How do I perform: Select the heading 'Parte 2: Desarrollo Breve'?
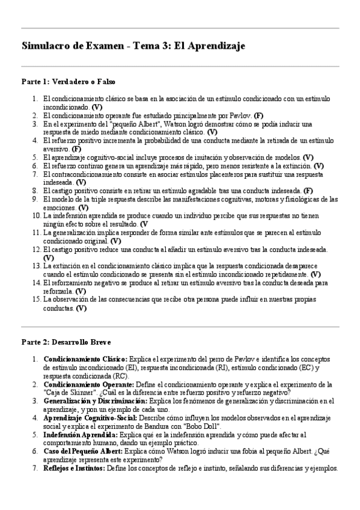tap(67, 342)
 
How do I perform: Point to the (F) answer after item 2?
tap(258, 115)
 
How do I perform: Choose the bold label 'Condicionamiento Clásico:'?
tap(85, 359)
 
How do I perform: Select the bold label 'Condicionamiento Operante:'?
tap(87, 384)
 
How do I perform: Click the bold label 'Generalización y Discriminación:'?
tap(95, 401)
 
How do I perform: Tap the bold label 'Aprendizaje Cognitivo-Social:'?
tap(90, 417)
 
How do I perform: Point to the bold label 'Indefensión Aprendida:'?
tap(81, 434)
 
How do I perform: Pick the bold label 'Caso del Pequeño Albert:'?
tap(82, 451)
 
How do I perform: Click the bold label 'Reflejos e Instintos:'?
tap(74, 468)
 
